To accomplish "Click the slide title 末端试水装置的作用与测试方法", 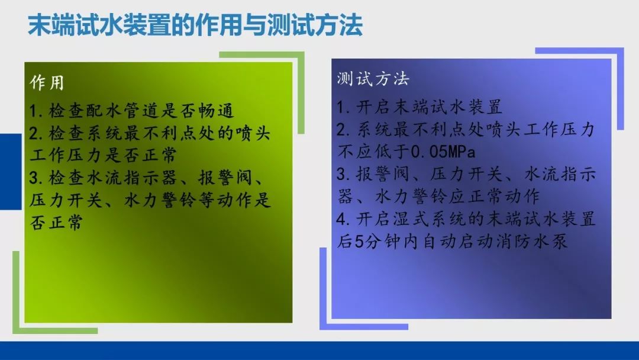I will click(195, 27).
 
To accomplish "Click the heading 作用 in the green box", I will click(47, 83).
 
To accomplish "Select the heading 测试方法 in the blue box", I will click(373, 79).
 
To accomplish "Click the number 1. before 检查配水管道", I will click(37, 111).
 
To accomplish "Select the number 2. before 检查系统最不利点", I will click(37, 133).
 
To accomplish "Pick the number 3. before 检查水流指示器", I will click(37, 178).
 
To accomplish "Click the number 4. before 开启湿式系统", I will click(344, 220).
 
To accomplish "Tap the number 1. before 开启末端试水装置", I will click(344, 108).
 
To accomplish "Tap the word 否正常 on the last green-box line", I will click(56, 223).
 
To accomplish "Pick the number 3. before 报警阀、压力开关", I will click(344, 175).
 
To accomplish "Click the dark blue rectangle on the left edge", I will click(10, 171).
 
